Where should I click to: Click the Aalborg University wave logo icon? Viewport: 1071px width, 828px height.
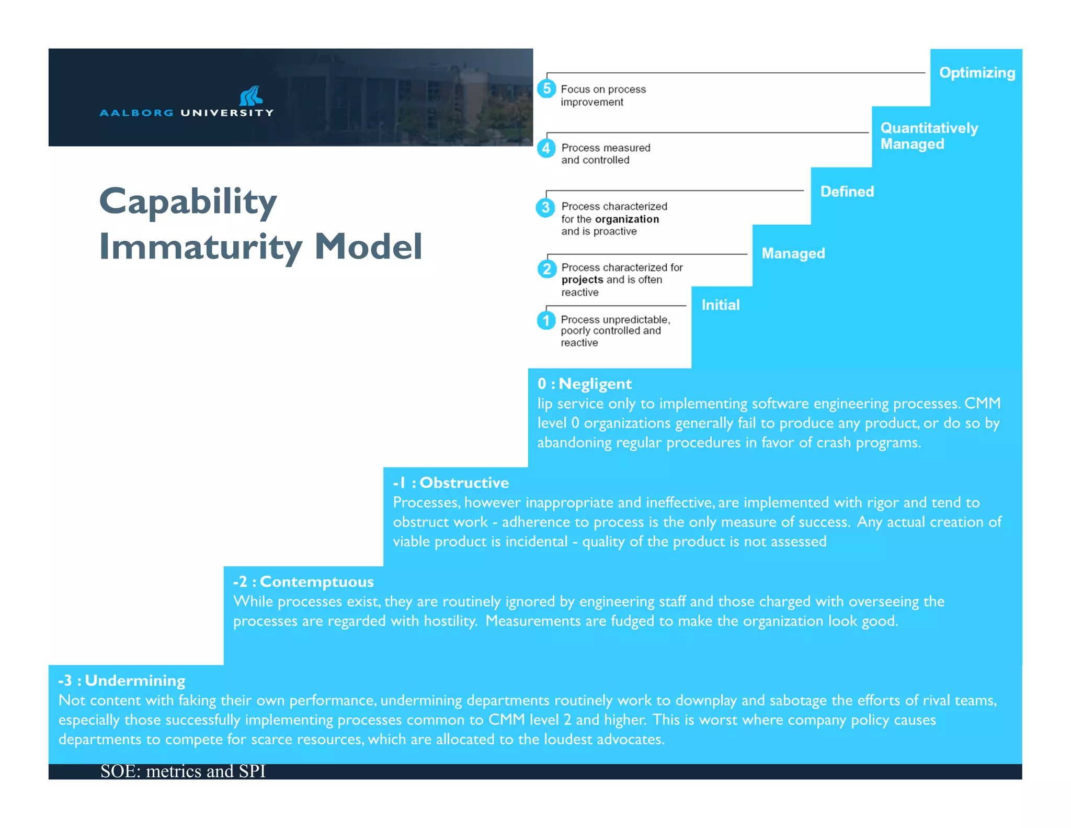[250, 96]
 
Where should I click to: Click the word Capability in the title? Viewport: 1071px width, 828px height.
[188, 202]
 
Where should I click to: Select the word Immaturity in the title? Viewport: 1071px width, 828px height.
[201, 247]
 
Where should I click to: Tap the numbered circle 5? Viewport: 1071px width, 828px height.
[546, 88]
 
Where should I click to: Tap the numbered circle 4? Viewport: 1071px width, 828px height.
[546, 148]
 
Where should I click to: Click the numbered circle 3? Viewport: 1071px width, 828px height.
[545, 207]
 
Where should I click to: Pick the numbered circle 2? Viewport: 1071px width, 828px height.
[546, 269]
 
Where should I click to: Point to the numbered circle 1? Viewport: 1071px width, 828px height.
[546, 320]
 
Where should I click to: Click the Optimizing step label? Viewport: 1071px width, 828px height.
[976, 72]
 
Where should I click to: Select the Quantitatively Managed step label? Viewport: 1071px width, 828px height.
[929, 136]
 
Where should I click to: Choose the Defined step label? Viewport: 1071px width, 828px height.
[847, 192]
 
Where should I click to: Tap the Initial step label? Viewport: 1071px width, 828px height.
[720, 305]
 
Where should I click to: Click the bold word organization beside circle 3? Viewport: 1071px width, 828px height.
[626, 219]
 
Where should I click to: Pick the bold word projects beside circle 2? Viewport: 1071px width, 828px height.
[582, 280]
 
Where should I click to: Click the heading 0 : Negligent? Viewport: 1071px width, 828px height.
[584, 384]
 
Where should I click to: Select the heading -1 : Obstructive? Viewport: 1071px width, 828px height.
[451, 483]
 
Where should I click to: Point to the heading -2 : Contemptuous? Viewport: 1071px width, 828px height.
[303, 581]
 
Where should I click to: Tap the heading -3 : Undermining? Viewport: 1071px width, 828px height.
[122, 680]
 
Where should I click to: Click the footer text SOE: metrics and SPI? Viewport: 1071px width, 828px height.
[183, 771]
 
